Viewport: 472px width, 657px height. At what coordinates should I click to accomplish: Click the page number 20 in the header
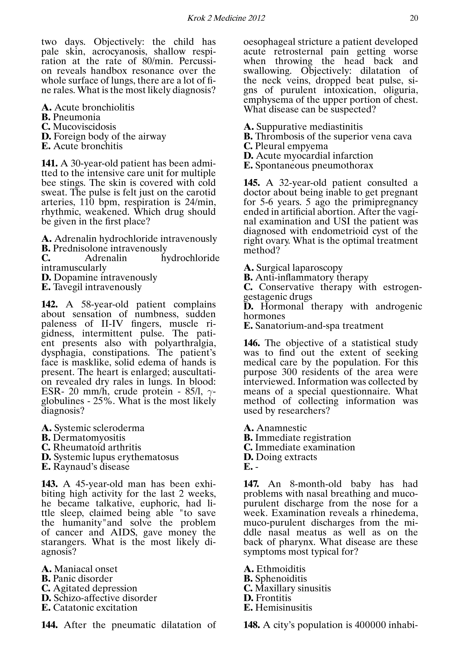(x=414, y=18)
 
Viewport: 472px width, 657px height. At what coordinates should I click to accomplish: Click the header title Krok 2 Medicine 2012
(x=226, y=18)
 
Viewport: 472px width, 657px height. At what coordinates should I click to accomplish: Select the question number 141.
(x=50, y=164)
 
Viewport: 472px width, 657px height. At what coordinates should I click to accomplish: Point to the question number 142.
(x=50, y=304)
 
